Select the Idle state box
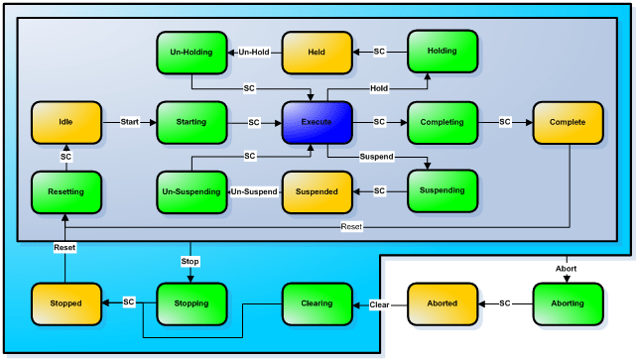point(66,122)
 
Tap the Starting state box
point(191,122)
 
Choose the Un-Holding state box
point(191,51)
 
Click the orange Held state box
point(317,51)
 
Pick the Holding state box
point(442,51)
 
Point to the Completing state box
point(442,122)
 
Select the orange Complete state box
point(567,122)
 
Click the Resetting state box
point(66,190)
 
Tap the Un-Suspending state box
point(191,190)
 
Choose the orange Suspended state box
point(317,190)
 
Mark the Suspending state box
point(442,190)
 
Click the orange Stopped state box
point(66,302)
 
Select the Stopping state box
point(191,302)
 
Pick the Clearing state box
point(317,302)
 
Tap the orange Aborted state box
point(442,302)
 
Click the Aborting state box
point(567,302)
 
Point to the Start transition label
point(129,122)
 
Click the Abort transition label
point(567,267)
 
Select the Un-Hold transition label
point(254,51)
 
